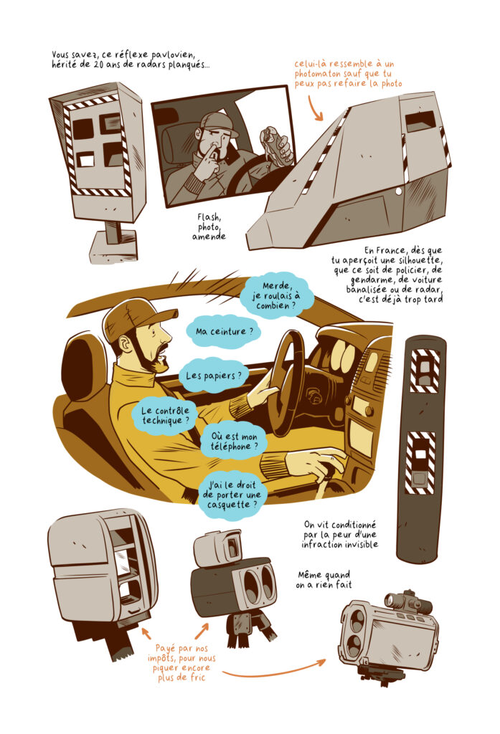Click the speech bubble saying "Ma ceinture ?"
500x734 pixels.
[x=224, y=331]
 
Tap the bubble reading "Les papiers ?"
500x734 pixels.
[x=214, y=376]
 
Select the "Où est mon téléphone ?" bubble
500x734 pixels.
[x=234, y=442]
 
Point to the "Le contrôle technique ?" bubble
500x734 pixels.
[x=166, y=415]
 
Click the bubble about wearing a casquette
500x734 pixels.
[x=232, y=495]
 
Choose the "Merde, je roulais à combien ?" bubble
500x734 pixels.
[x=276, y=295]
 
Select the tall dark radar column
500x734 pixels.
[x=421, y=449]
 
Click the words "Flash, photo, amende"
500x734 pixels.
[x=209, y=227]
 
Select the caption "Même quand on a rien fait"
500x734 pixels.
[x=324, y=579]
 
